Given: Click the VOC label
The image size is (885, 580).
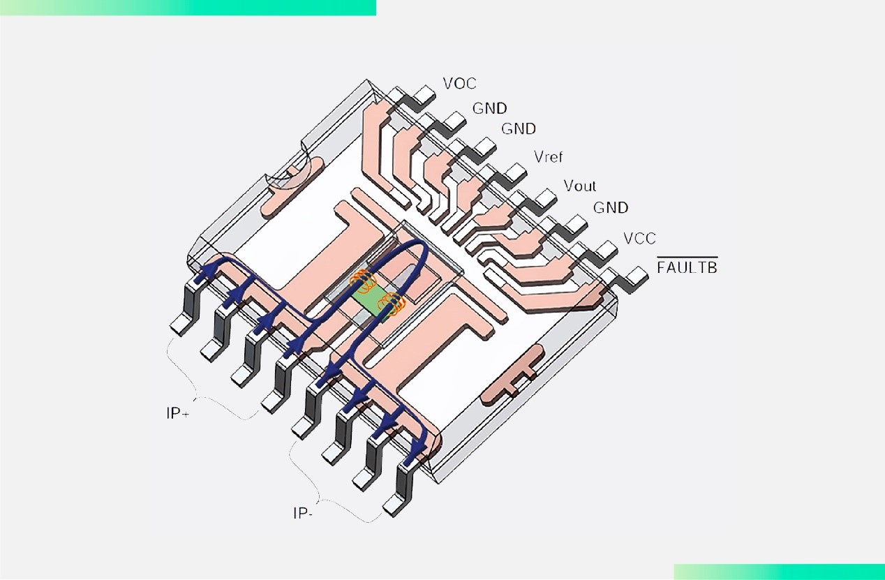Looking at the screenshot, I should click(x=459, y=84).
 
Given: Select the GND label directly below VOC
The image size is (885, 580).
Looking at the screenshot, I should click(x=489, y=108).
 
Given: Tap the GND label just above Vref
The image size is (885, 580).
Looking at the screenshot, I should click(x=519, y=129).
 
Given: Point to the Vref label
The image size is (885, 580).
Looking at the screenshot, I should click(x=549, y=157).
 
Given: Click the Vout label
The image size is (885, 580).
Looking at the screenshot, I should click(x=580, y=186).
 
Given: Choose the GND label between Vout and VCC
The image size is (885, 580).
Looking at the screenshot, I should click(x=611, y=208).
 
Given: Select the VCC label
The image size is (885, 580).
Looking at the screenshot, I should click(x=639, y=239).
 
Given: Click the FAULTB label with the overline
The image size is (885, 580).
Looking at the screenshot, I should click(x=687, y=267).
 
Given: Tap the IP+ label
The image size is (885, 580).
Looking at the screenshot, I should click(x=178, y=413).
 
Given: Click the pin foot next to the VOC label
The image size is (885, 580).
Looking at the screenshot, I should click(x=424, y=94).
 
